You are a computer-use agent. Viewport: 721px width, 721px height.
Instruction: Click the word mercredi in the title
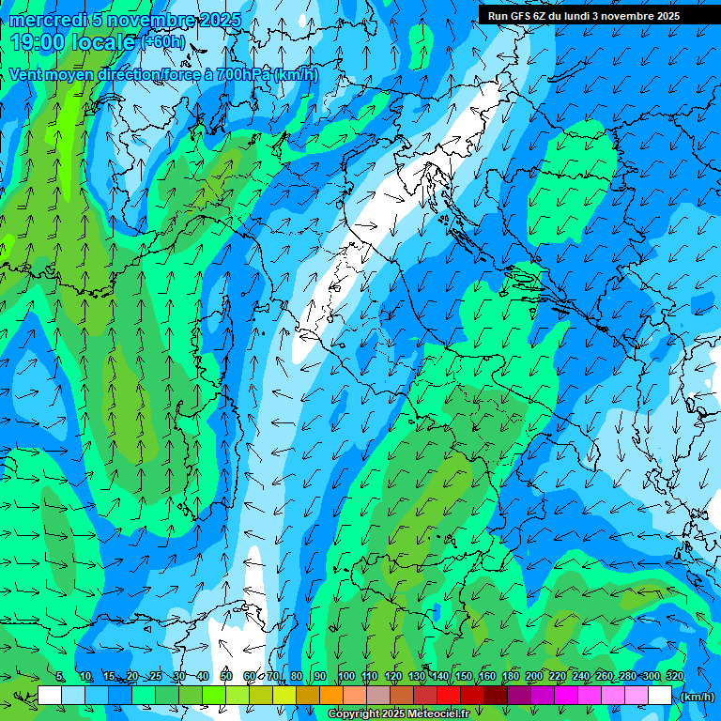pos(44,20)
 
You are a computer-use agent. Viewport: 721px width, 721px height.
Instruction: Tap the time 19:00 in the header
pos(38,41)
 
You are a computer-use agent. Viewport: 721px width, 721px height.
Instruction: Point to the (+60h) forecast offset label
pos(163,42)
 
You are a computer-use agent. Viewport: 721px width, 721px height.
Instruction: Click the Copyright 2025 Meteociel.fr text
pos(398,714)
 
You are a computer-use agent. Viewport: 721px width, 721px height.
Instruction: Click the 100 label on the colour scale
pos(346,677)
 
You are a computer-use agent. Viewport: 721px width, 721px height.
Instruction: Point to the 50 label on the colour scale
pos(226,677)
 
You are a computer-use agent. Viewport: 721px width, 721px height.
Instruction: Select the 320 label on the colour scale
pos(674,677)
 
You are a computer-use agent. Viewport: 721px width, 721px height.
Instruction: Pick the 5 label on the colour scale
pos(60,677)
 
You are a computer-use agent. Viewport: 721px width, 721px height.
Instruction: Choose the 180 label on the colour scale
pos(510,677)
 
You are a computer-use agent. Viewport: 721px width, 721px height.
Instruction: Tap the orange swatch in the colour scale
pos(331,696)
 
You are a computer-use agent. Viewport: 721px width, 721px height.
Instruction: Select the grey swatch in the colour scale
pos(378,696)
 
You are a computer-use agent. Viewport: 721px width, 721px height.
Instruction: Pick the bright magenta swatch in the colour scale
pos(566,696)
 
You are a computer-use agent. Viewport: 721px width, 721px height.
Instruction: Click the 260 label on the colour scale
pos(604,677)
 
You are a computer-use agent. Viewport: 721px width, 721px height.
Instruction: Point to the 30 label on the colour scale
pos(179,677)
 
